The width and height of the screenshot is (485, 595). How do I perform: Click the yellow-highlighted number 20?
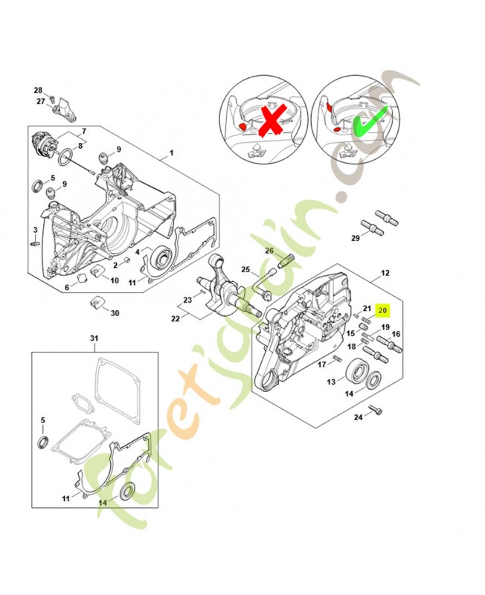383,309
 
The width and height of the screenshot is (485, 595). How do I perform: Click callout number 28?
39,90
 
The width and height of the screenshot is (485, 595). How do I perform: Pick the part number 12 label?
385,274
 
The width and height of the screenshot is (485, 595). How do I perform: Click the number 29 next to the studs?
356,237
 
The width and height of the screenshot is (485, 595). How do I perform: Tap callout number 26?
270,251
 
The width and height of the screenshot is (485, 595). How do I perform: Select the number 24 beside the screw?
357,417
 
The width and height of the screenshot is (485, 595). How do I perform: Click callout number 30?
115,313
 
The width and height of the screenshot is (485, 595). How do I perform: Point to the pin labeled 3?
35,242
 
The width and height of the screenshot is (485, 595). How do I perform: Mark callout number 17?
322,364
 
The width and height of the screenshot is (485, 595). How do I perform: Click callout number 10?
115,280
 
